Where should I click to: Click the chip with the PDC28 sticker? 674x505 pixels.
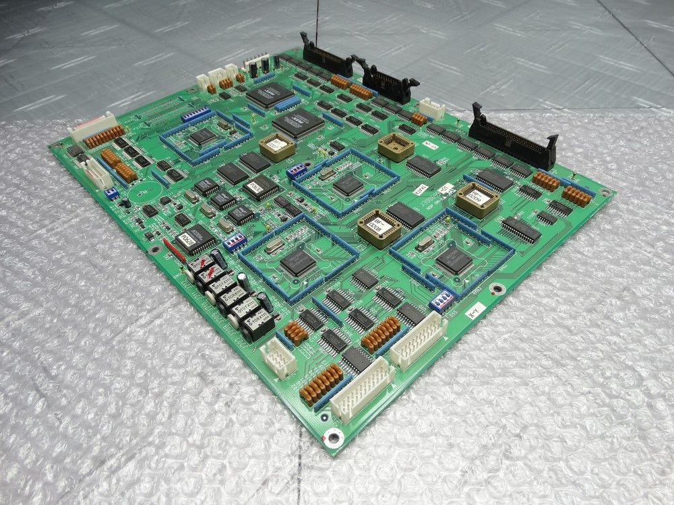pos(191,238)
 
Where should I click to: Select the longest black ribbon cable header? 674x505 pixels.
pos(514,140)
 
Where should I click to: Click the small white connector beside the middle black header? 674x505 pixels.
pos(431,108)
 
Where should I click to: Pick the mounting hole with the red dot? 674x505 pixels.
pos(332,438)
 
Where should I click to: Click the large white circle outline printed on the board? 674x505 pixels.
pos(143,195)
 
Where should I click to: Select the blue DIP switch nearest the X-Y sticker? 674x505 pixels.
pos(441,300)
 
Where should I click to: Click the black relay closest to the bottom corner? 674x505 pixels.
pos(257,325)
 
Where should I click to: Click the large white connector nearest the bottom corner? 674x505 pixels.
pos(361,390)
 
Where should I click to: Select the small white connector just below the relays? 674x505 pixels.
pos(278,357)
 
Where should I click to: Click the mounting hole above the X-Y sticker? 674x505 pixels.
pos(497,290)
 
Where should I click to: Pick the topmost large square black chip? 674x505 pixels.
pos(270,94)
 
